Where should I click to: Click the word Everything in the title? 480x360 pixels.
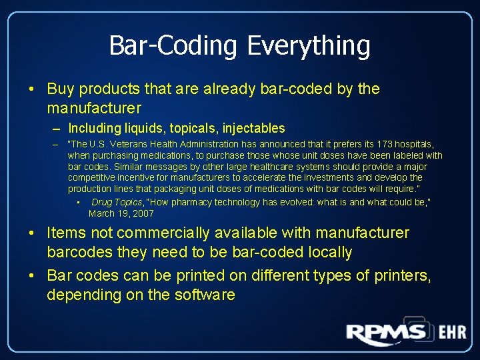[x=309, y=46]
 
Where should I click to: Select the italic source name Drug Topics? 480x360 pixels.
[x=117, y=202]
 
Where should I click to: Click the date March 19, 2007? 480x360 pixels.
[x=121, y=213]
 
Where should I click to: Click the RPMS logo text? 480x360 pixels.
[x=386, y=333]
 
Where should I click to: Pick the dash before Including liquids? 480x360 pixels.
[x=58, y=129]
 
